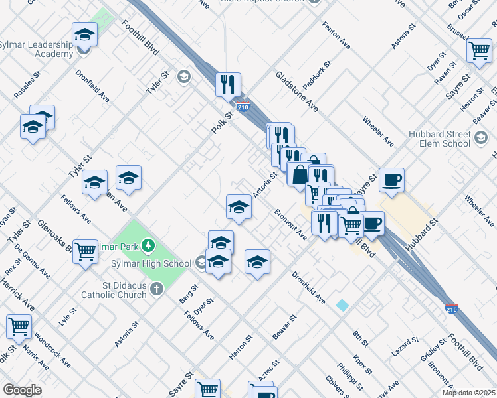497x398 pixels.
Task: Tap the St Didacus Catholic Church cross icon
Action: click(156, 289)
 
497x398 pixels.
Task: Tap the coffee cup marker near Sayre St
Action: click(391, 179)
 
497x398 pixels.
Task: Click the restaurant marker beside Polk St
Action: click(228, 84)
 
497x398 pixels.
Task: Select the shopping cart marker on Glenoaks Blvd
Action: click(85, 251)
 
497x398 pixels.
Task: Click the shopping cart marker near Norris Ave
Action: click(19, 326)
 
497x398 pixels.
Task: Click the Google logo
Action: click(22, 390)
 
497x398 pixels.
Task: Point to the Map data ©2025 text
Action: click(468, 393)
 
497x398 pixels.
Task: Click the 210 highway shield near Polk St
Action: click(243, 107)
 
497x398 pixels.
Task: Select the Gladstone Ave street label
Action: click(297, 91)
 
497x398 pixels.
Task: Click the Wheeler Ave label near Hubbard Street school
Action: click(378, 132)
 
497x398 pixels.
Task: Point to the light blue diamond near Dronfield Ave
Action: click(342, 305)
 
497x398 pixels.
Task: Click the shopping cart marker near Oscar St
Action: click(478, 50)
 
